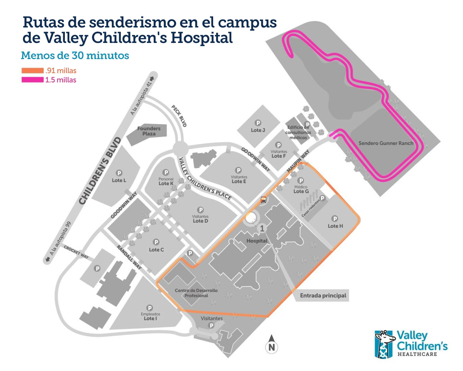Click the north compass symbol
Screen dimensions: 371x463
tap(271, 345)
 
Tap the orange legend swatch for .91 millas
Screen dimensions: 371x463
tap(33, 71)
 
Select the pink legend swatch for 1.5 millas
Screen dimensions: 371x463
tap(33, 80)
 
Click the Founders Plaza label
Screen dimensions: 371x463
tap(149, 131)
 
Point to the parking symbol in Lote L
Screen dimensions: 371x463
tap(119, 173)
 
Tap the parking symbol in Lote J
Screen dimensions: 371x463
tap(258, 123)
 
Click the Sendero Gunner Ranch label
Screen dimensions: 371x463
tap(386, 143)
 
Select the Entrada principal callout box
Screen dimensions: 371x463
tap(323, 295)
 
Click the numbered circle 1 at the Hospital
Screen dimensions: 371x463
tap(262, 228)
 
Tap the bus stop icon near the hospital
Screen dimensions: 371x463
tap(263, 200)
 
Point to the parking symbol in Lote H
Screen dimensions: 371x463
tap(335, 218)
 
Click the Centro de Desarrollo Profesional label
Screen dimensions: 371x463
tap(196, 293)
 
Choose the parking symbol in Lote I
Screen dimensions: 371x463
tap(149, 308)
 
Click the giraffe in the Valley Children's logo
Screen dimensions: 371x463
tap(384, 344)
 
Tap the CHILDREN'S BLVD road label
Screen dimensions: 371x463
tap(100, 171)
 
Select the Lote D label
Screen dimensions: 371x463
tap(200, 221)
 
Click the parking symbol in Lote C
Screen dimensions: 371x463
tap(156, 243)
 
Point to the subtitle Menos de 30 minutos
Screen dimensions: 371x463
tap(75, 55)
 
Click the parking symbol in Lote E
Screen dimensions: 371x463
tap(238, 170)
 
